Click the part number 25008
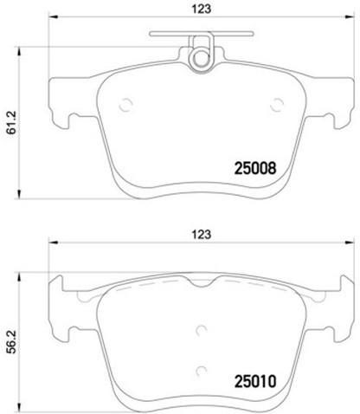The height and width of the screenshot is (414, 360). (x=254, y=171)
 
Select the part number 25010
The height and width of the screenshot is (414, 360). (x=254, y=380)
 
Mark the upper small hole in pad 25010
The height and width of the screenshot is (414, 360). (x=200, y=329)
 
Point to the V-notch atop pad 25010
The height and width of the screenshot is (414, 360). (x=200, y=285)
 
